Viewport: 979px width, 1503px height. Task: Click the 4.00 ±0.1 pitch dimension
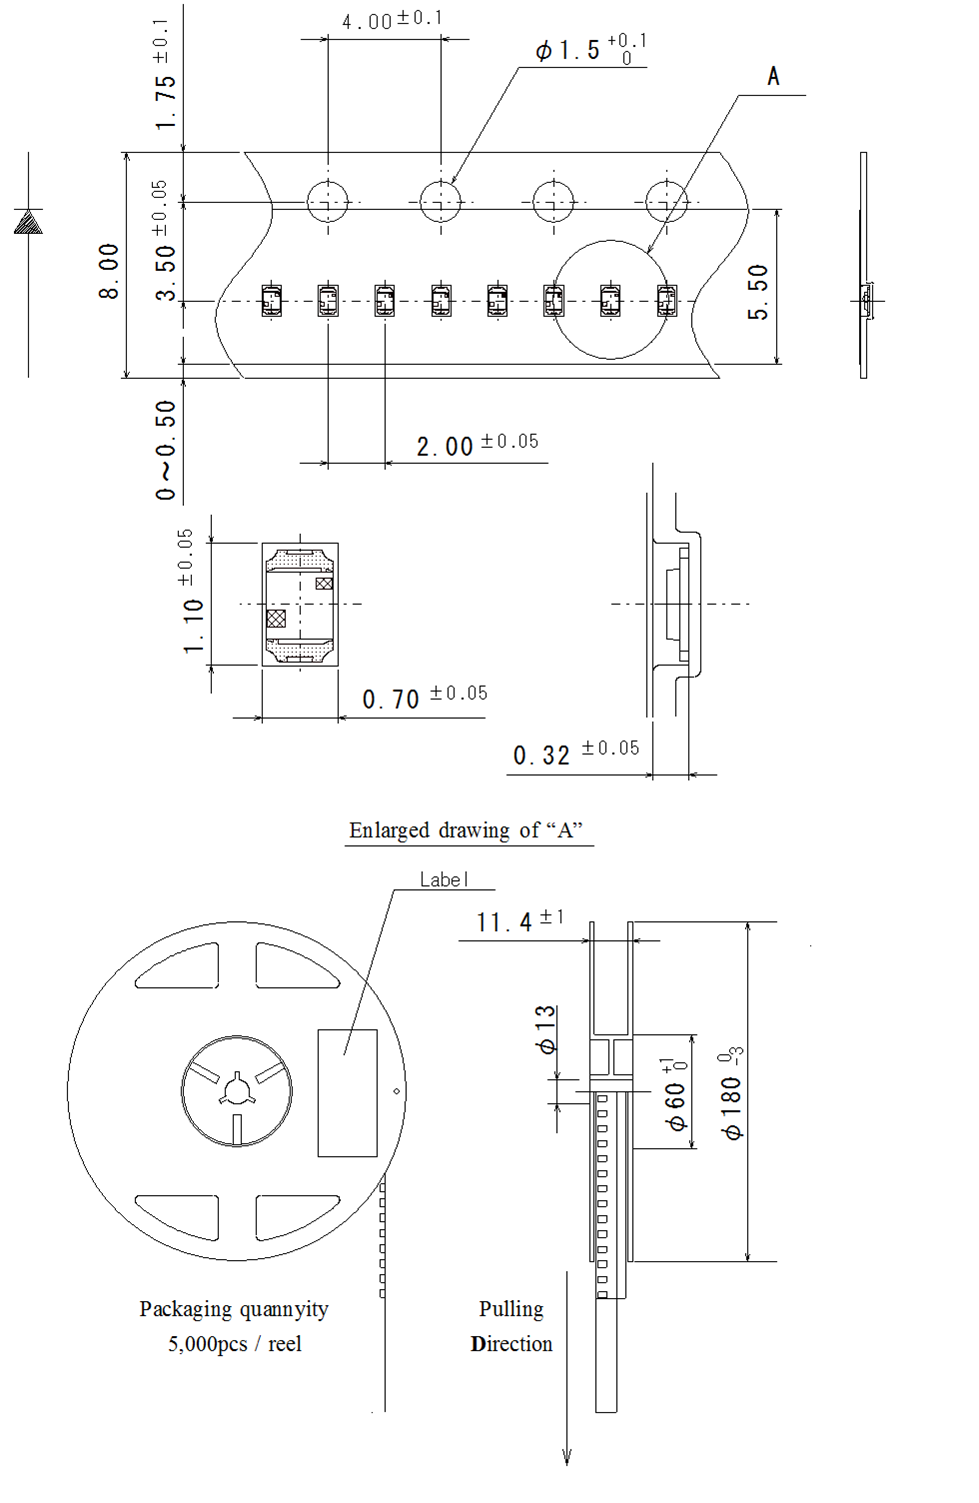coord(391,20)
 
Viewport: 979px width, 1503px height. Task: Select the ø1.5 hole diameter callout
coord(590,49)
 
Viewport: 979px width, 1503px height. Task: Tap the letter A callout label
coord(773,76)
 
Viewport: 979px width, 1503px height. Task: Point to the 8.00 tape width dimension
coord(109,270)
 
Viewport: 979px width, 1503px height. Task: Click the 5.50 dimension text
coord(759,292)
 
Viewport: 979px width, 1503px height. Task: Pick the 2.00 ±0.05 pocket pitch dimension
coord(477,445)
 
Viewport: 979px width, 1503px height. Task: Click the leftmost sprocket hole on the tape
coord(327,201)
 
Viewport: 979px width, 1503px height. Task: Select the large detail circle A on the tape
coord(610,299)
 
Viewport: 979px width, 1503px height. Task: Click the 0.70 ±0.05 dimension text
coord(424,697)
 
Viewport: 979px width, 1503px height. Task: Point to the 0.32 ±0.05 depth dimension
coord(575,753)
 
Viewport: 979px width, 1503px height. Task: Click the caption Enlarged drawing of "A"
coord(466,830)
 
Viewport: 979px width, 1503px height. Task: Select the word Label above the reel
coord(443,879)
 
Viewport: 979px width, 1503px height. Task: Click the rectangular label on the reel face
coord(347,1092)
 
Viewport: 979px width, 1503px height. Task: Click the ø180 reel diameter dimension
coord(732,1094)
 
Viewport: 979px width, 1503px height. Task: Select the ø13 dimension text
coord(546,1030)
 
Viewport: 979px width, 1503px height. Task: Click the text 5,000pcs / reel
coord(234,1344)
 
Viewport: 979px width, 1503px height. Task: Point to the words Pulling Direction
coord(511,1326)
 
